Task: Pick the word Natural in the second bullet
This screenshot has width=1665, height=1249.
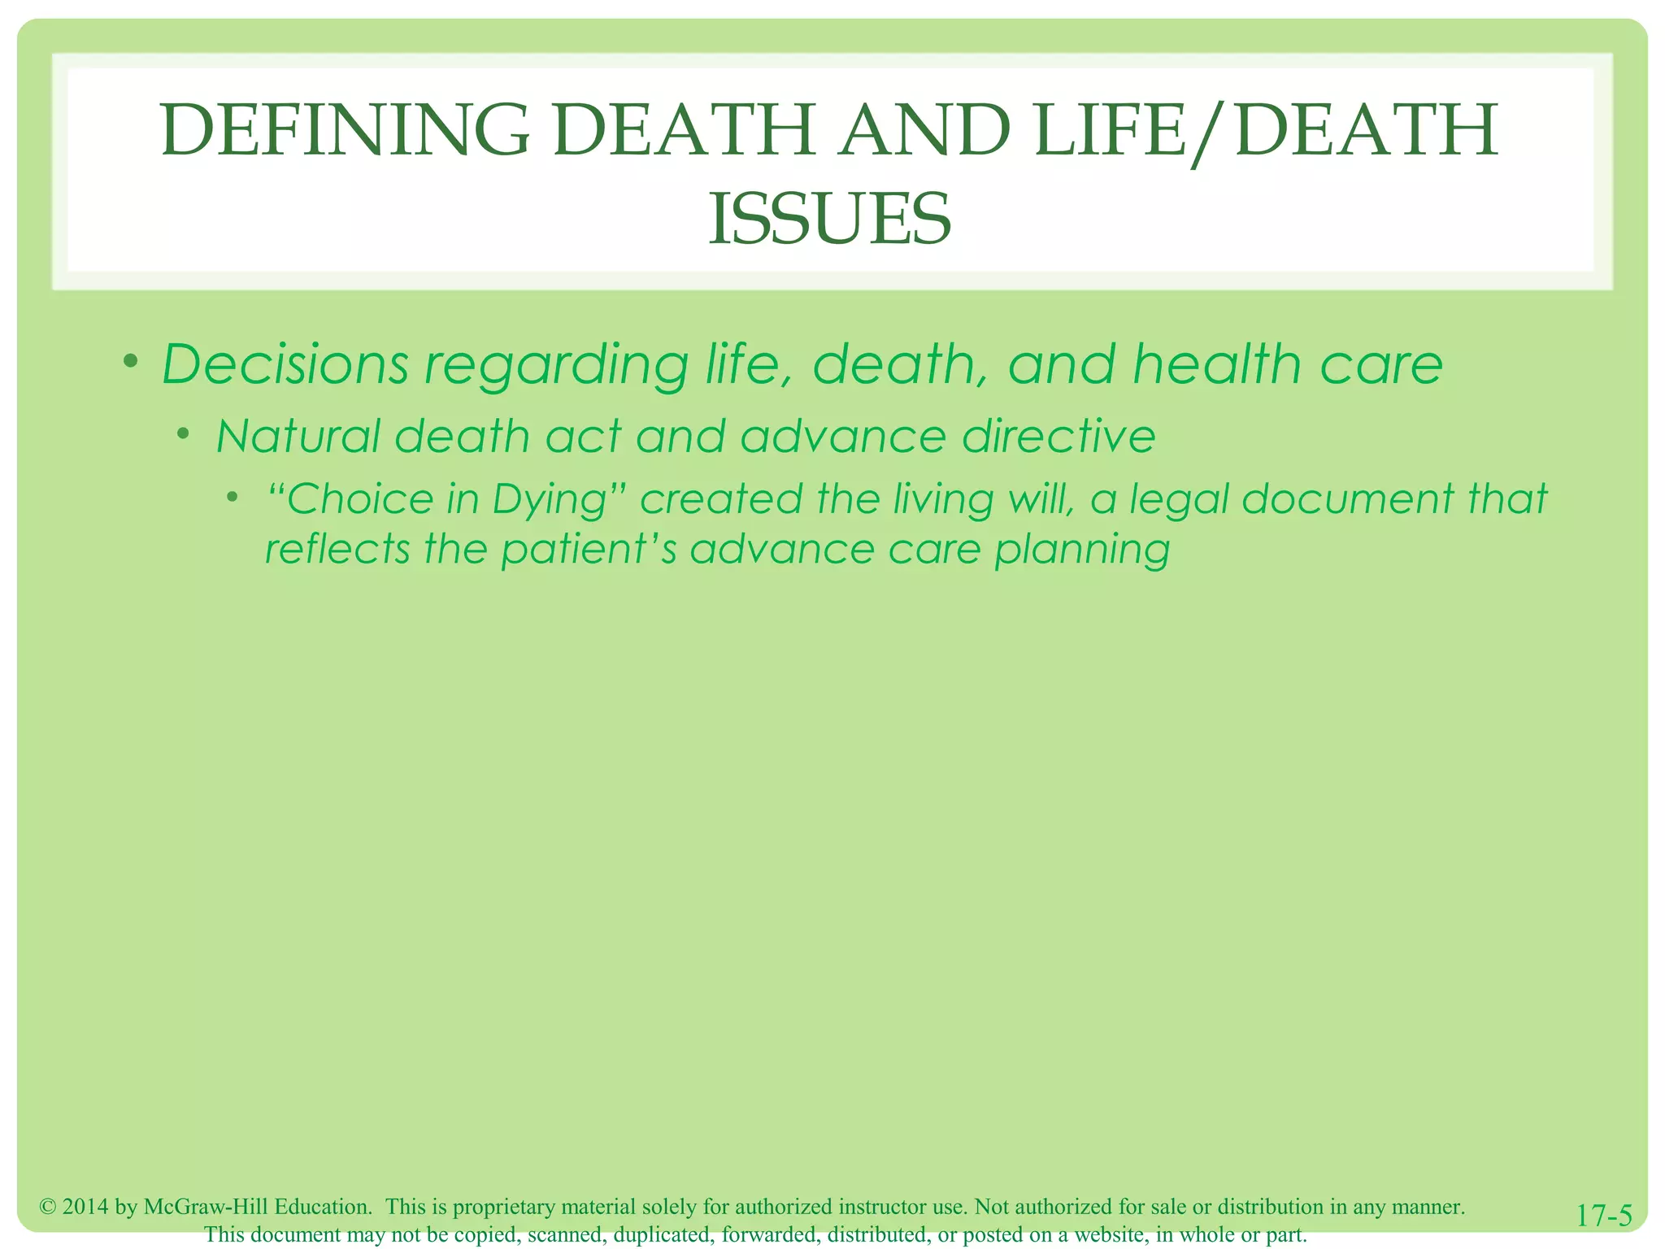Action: [298, 436]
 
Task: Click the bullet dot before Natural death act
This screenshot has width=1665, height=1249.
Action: [185, 434]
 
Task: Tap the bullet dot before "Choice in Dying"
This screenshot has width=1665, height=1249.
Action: [233, 496]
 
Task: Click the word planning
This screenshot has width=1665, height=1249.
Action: [1082, 551]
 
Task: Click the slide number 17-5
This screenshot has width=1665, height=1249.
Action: [1603, 1216]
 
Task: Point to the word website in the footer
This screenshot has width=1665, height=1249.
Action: [1110, 1234]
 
